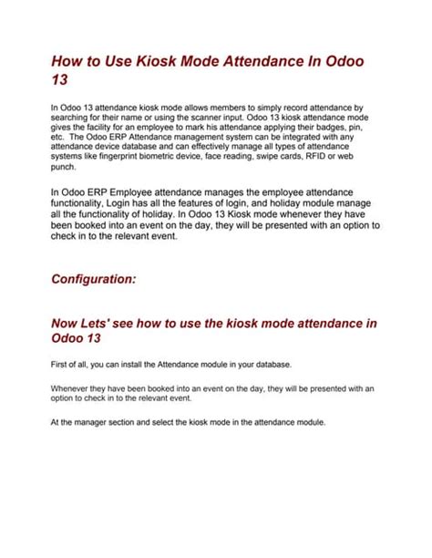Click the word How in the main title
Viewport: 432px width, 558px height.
click(67, 60)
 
